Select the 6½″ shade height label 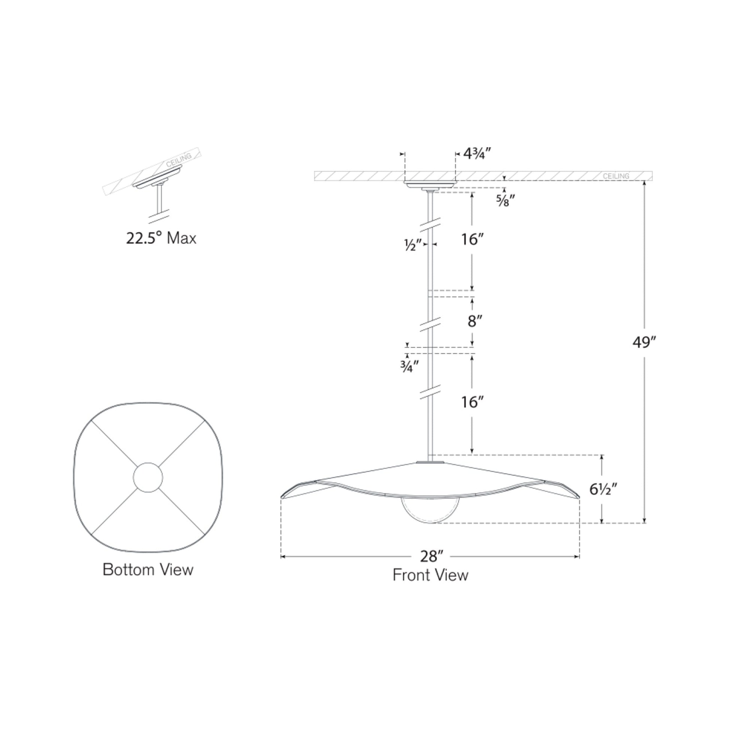click(603, 489)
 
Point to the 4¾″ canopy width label click(477, 154)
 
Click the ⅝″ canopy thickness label click(505, 200)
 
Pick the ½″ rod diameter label click(412, 245)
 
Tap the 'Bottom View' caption click(148, 570)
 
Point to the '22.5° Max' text click(161, 239)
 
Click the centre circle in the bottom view click(148, 477)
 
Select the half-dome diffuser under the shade click(430, 510)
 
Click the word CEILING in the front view click(616, 176)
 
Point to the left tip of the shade click(282, 496)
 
